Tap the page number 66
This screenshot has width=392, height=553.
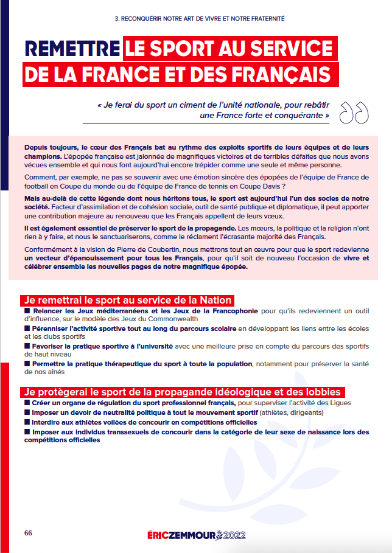[x=28, y=532]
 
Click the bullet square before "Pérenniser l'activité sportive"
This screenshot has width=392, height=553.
[x=27, y=329]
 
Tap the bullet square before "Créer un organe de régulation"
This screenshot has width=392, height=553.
[x=27, y=403]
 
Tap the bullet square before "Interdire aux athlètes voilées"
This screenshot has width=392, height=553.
[x=27, y=422]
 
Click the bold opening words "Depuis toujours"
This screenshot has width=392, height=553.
[x=50, y=147]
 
